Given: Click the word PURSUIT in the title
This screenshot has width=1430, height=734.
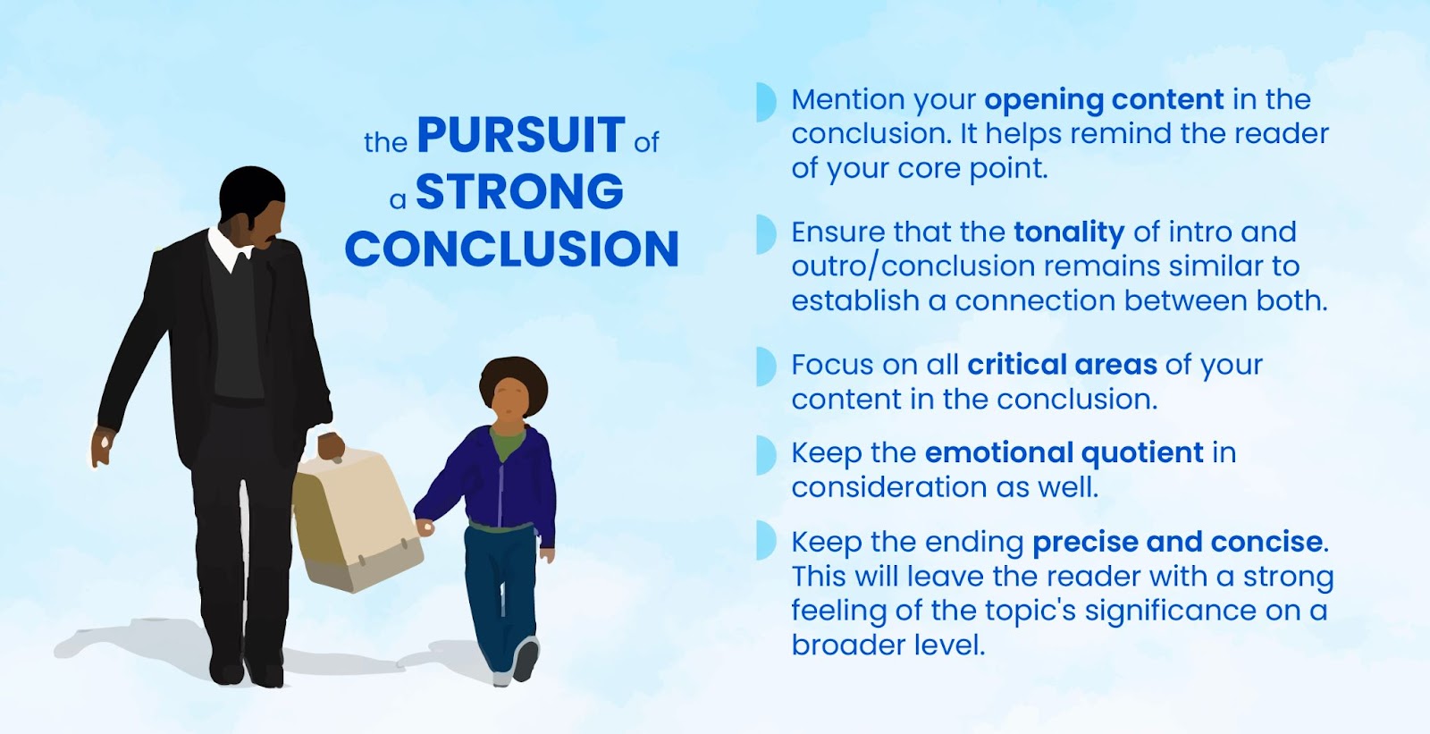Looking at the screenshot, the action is click(520, 135).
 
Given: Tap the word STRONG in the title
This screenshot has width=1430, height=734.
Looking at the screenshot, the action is click(519, 191).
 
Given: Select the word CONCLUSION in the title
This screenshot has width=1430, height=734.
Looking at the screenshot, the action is click(511, 248).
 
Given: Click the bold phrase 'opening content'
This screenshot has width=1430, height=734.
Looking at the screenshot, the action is click(1104, 100).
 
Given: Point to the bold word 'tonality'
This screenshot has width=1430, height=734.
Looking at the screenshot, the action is click(1069, 232).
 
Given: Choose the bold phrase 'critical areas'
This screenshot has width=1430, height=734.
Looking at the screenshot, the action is click(1062, 365).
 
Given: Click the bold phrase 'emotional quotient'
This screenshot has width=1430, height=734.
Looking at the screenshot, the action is click(1064, 453).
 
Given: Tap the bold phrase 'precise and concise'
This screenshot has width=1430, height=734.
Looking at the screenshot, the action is click(1177, 542).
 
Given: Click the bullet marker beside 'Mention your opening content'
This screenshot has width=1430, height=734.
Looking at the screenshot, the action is click(765, 102).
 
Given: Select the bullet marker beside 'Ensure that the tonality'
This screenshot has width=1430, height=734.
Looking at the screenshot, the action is click(765, 234).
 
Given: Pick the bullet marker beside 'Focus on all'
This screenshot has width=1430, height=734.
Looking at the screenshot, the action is click(765, 367).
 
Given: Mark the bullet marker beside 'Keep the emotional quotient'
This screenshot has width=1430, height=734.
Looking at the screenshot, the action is click(765, 455).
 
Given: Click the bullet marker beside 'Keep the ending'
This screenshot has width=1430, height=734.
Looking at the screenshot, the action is click(765, 540).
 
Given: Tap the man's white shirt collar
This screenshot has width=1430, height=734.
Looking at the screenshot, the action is click(227, 249).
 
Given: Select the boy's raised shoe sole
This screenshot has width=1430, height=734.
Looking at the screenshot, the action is click(526, 659).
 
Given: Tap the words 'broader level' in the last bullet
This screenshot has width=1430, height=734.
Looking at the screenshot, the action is click(888, 645).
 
